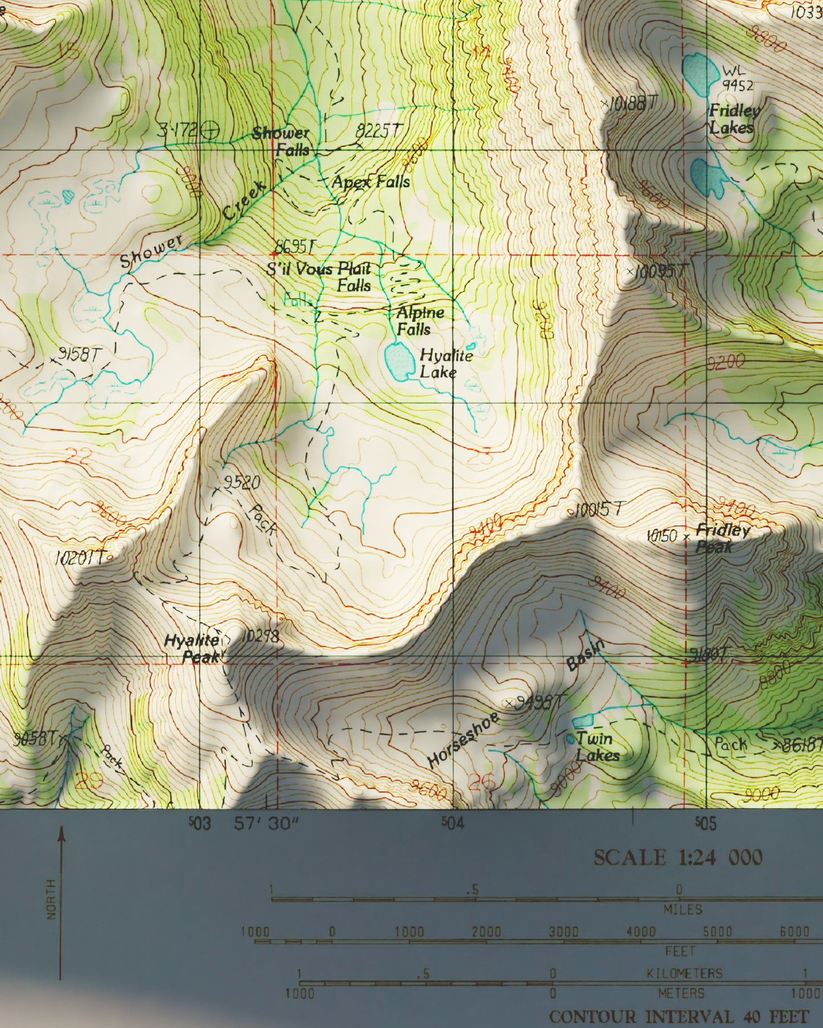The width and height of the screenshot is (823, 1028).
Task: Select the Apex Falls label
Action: tap(371, 182)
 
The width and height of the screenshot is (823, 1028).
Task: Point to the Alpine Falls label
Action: tap(419, 320)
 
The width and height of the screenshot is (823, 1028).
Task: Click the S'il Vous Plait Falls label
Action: tap(322, 276)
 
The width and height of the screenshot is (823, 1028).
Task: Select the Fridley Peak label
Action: tap(722, 538)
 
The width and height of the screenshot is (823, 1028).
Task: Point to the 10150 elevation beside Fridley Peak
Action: tap(661, 536)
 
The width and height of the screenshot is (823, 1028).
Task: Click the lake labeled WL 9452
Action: tap(699, 73)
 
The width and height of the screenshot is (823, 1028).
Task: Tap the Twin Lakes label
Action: tap(596, 747)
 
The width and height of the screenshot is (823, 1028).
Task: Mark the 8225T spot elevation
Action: tap(379, 130)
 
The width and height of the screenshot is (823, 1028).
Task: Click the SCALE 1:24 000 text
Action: tap(677, 857)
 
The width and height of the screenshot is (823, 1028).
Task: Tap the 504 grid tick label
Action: tap(453, 823)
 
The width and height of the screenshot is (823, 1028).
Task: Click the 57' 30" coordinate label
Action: tap(266, 823)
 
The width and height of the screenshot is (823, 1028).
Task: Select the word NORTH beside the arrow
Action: tap(51, 899)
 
